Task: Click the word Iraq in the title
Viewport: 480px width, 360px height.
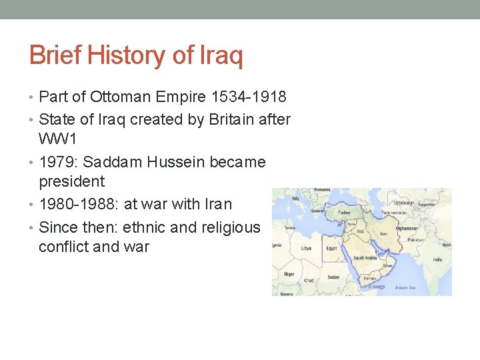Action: (x=221, y=56)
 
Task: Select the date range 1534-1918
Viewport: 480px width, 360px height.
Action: (x=249, y=97)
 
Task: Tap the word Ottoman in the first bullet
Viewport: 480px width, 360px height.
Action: (x=123, y=97)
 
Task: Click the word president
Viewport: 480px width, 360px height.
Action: (x=72, y=181)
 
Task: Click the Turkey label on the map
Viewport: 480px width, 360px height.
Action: (x=345, y=212)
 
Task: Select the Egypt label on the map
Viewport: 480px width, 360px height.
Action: (x=331, y=249)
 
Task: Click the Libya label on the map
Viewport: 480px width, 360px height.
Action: (x=306, y=247)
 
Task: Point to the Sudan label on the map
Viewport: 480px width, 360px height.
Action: (x=333, y=277)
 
